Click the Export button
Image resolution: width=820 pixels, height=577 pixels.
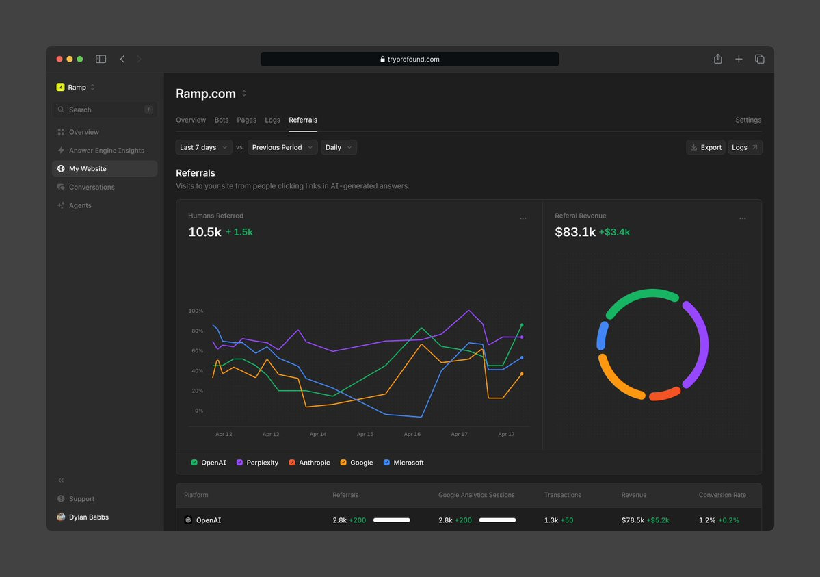[706, 147]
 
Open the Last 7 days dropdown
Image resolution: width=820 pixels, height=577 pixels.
[203, 147]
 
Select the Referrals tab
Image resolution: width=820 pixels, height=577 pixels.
[303, 120]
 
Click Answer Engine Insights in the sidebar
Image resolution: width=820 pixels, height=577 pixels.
[106, 151]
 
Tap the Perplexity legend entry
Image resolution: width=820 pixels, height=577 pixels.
[257, 462]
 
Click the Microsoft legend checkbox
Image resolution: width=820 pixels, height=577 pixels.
[386, 462]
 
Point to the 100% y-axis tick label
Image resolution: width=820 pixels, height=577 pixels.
[196, 311]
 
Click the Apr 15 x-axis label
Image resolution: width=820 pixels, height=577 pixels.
[365, 434]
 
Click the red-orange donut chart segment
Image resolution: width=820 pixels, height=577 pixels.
[665, 394]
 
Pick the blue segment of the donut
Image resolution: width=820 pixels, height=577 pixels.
[602, 335]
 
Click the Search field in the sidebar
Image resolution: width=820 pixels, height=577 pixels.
[105, 110]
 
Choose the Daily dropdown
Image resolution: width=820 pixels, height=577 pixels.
[339, 147]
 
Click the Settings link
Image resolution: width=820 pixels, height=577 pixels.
[748, 120]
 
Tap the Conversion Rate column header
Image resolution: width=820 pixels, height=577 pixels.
[722, 495]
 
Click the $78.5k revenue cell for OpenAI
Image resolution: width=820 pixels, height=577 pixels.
[632, 520]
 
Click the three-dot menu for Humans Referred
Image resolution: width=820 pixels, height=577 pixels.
[523, 218]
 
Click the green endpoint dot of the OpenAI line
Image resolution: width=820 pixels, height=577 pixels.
[521, 325]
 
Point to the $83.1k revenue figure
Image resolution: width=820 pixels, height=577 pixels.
[574, 232]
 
